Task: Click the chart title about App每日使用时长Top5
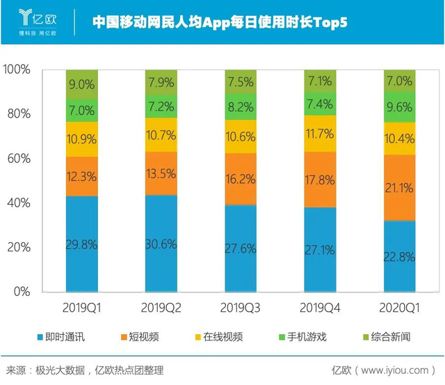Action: coord(220,22)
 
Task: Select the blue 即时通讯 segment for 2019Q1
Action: coord(82,244)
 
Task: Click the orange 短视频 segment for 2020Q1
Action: coord(400,188)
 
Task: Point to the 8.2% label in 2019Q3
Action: coord(241,107)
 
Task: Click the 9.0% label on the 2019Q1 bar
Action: coord(82,85)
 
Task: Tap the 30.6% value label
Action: coord(161,244)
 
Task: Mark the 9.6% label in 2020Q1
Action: coord(400,107)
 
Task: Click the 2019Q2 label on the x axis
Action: coord(161,306)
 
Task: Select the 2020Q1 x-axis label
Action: coord(400,306)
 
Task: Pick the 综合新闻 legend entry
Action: coord(386,337)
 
